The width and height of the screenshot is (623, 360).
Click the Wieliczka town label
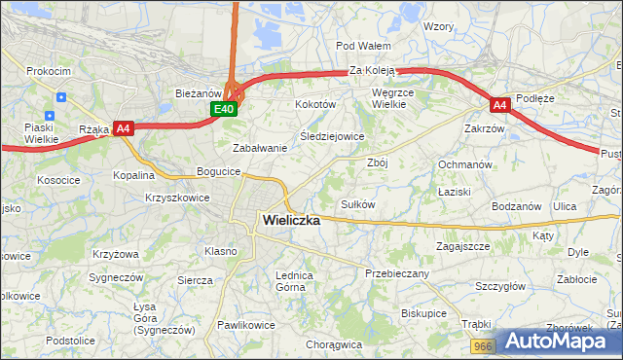pos(291,220)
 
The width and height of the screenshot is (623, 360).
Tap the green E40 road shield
pos(224,110)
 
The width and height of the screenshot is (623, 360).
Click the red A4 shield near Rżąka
pos(123,127)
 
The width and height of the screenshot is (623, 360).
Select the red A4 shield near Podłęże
pos(499,104)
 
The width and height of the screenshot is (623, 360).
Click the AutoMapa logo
pos(558,342)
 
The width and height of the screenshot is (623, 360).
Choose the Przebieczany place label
pos(397,273)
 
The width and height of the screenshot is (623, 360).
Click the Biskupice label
pos(423,313)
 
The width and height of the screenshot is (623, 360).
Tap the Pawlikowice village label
pos(246,325)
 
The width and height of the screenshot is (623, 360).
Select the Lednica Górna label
pos(294,281)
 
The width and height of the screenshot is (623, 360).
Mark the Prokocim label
pos(48,71)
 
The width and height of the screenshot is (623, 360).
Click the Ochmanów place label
pos(465,164)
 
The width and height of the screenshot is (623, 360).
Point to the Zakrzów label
pos(484,127)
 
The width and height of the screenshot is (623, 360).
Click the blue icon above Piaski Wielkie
pos(60,97)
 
